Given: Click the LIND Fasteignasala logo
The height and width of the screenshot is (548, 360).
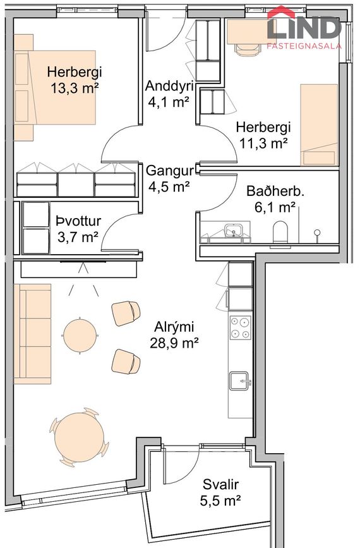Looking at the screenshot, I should pos(304,28).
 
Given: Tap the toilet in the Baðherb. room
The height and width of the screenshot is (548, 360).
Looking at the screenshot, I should pos(281,233).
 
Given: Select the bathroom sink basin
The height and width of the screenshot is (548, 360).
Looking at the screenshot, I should pos(234,231).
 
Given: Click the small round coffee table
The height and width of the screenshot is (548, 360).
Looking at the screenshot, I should pos(80,334).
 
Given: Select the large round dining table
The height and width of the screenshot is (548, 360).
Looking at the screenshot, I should pos(79,435).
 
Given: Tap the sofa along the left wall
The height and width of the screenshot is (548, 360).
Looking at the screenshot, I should pos(32,334).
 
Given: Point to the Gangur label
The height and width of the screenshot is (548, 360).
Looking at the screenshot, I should pos(168,171).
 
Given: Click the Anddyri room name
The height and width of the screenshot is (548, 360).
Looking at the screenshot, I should pos(168,86).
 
